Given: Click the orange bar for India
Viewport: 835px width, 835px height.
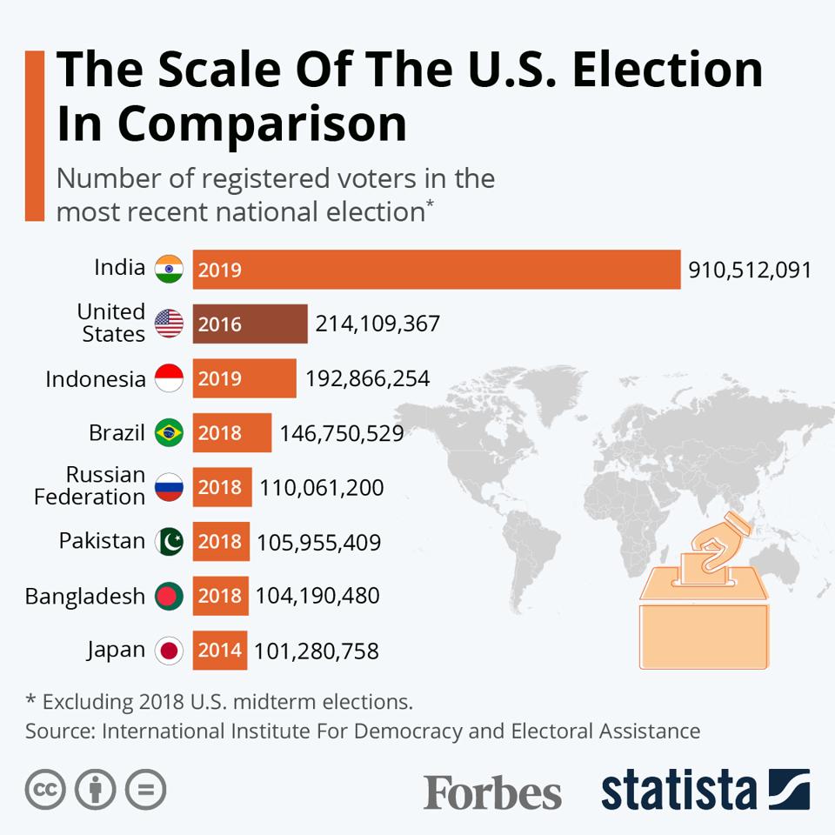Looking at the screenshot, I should pos(435,270).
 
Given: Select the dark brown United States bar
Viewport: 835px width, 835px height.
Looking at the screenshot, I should pos(250,324).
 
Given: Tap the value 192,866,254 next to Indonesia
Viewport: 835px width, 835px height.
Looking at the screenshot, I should pos(367,378).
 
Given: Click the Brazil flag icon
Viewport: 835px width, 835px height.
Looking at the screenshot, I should pos(169,432).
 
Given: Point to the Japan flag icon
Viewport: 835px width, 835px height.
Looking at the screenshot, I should pos(169,651).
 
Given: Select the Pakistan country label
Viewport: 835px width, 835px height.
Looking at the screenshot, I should pos(102,541).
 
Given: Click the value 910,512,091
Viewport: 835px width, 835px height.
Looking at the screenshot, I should pos(750,270).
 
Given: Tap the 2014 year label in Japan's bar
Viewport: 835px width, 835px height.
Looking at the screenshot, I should pos(219,651).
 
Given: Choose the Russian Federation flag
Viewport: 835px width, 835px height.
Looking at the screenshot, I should pos(169,487).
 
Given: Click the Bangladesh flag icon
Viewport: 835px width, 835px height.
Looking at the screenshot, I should pos(169,596).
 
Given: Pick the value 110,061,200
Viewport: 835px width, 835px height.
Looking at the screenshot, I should pos(321,488).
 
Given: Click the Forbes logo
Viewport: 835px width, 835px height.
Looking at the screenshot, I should pos(492,792).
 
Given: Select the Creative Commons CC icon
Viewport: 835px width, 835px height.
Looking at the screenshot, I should pos(46,790).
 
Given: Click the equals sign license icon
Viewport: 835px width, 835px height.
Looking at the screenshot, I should pos(145,790).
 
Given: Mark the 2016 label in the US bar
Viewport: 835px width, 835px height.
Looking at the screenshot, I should pos(219,324).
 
